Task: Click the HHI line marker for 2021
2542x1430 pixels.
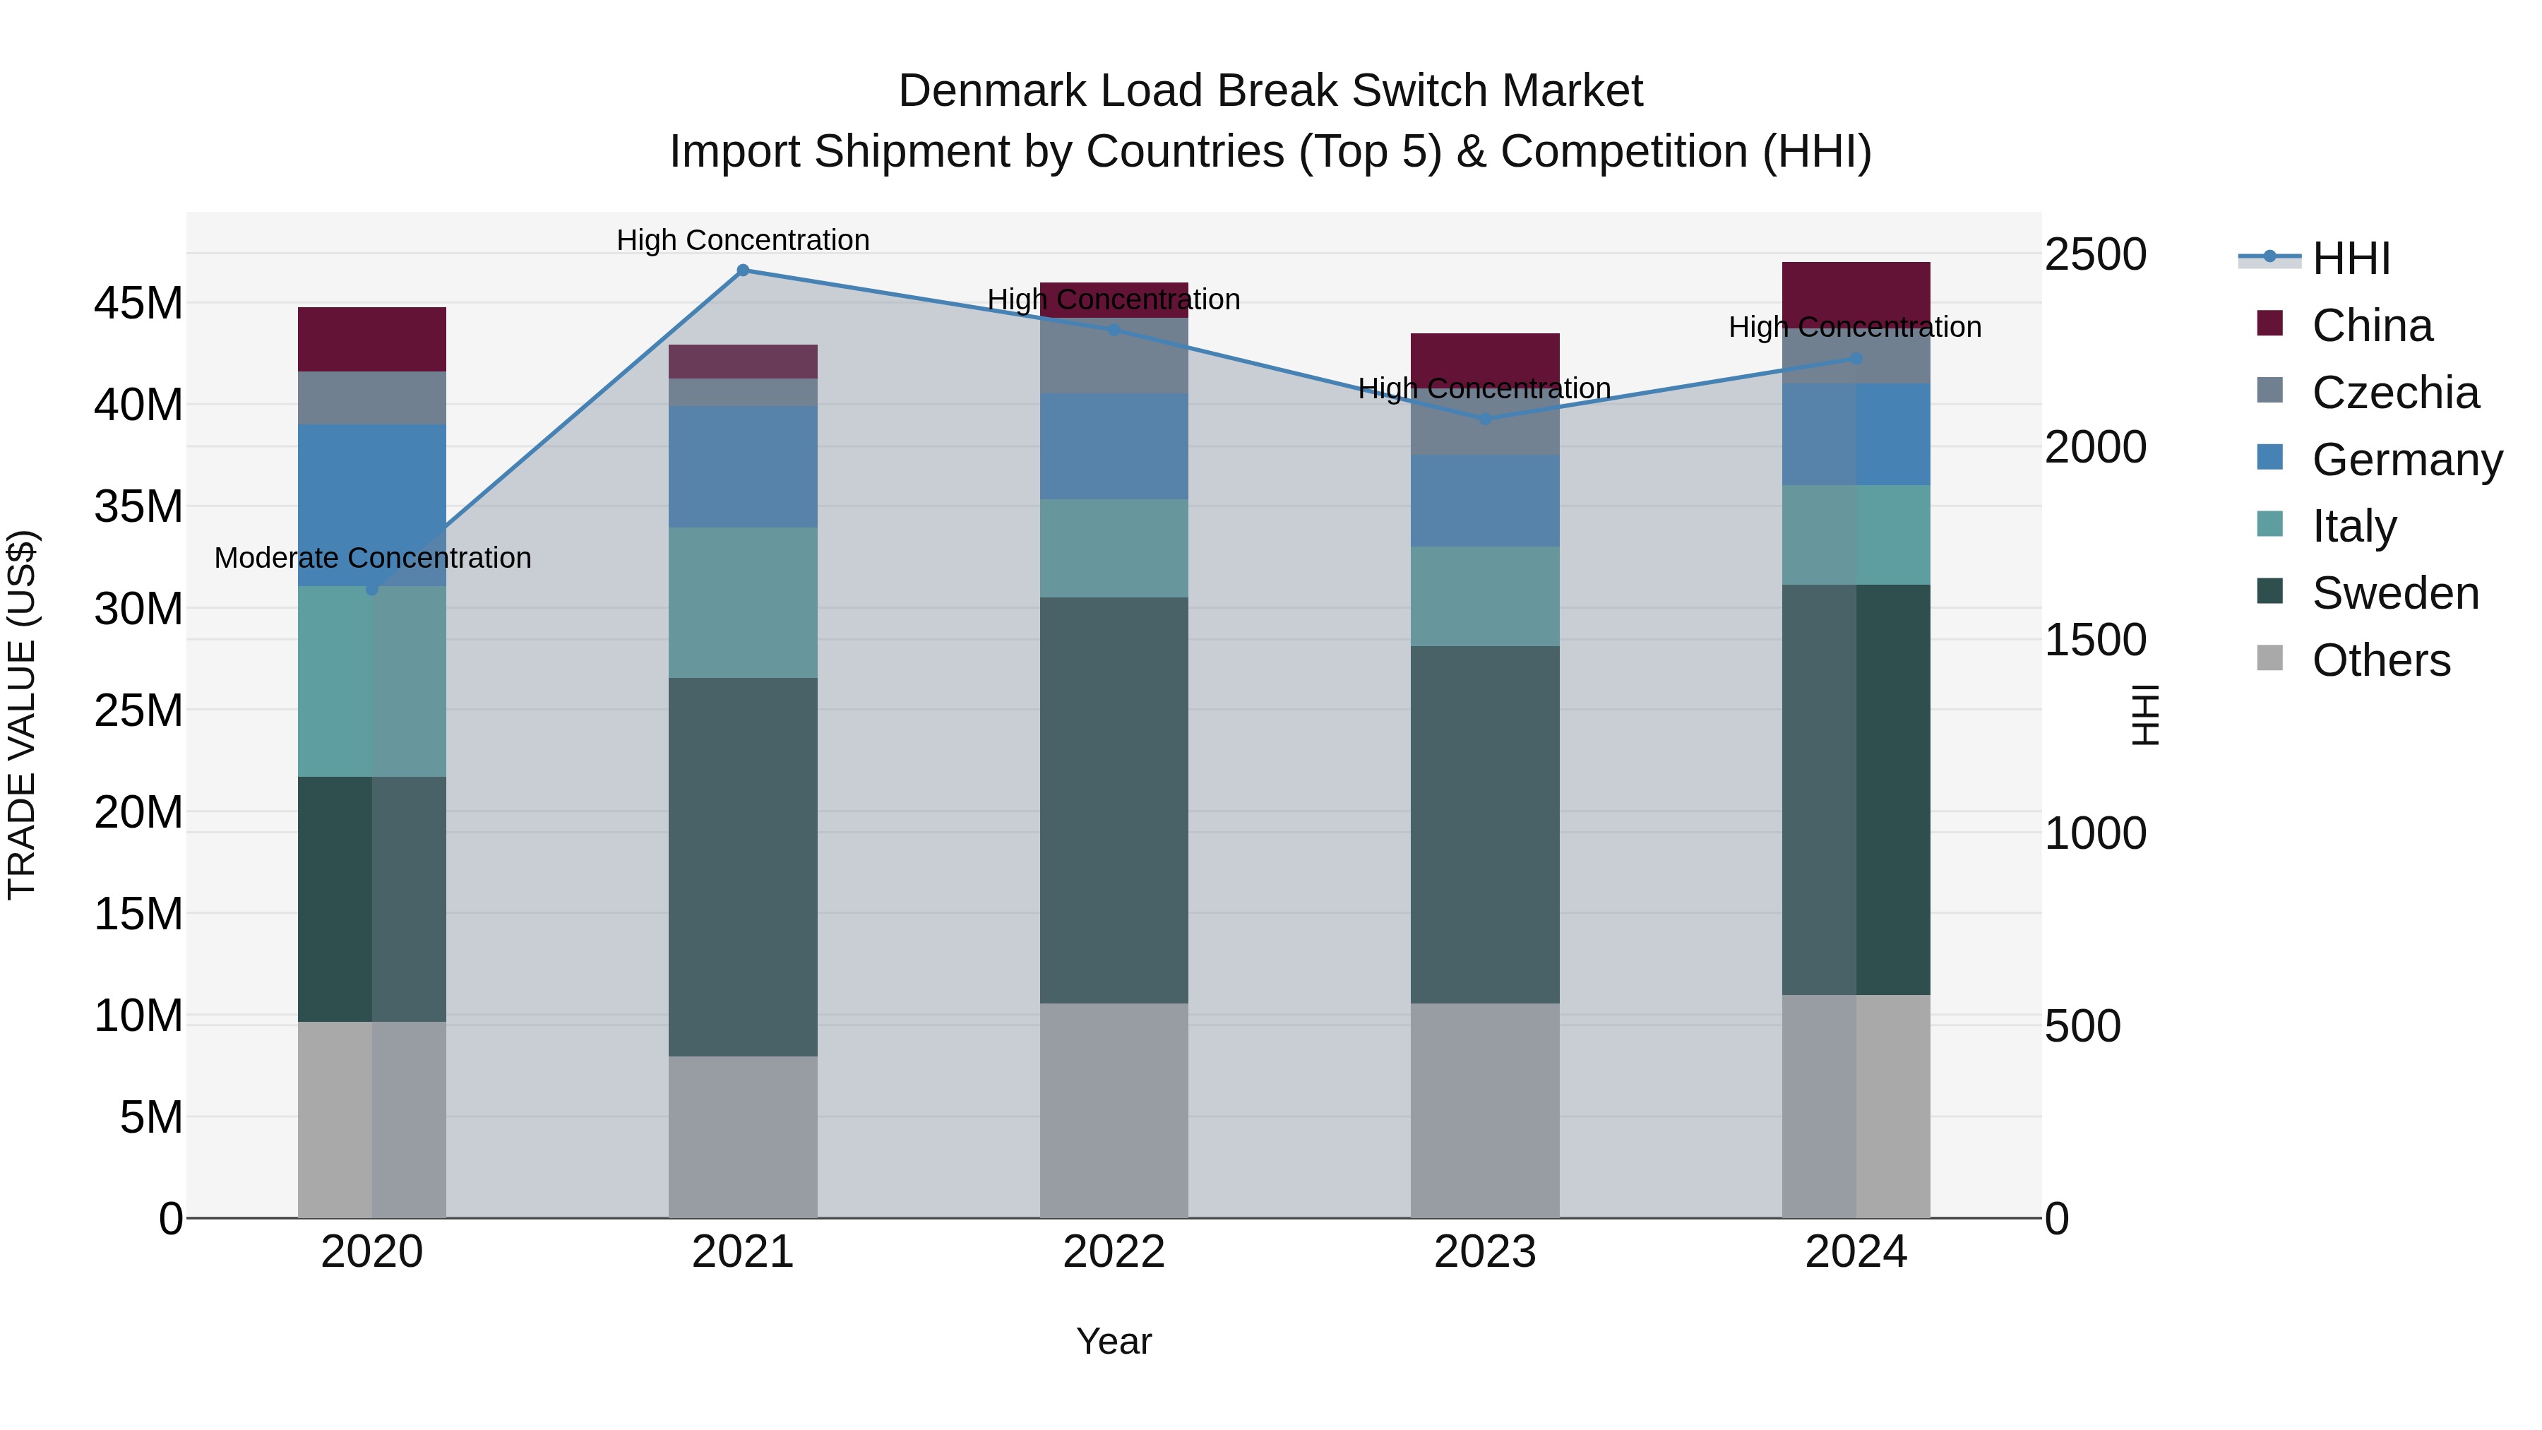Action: (x=743, y=270)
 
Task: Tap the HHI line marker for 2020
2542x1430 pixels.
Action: (x=372, y=589)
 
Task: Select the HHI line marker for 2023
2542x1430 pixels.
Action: (x=1485, y=419)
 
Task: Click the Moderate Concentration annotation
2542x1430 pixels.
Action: (x=372, y=558)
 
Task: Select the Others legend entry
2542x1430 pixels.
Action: (x=2380, y=660)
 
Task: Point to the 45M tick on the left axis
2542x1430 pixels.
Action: (x=138, y=303)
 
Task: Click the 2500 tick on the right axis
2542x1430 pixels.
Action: (x=2095, y=255)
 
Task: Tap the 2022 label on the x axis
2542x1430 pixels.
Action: (x=1114, y=1252)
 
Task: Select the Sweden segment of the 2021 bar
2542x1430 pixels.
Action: (x=743, y=866)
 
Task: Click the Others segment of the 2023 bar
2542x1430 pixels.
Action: (x=1485, y=1110)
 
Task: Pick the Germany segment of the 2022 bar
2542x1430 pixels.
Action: (x=1114, y=446)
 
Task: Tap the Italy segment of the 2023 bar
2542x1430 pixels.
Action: (x=1485, y=596)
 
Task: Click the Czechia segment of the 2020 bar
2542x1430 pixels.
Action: (x=372, y=398)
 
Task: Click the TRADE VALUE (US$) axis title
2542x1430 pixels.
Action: (x=22, y=715)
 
